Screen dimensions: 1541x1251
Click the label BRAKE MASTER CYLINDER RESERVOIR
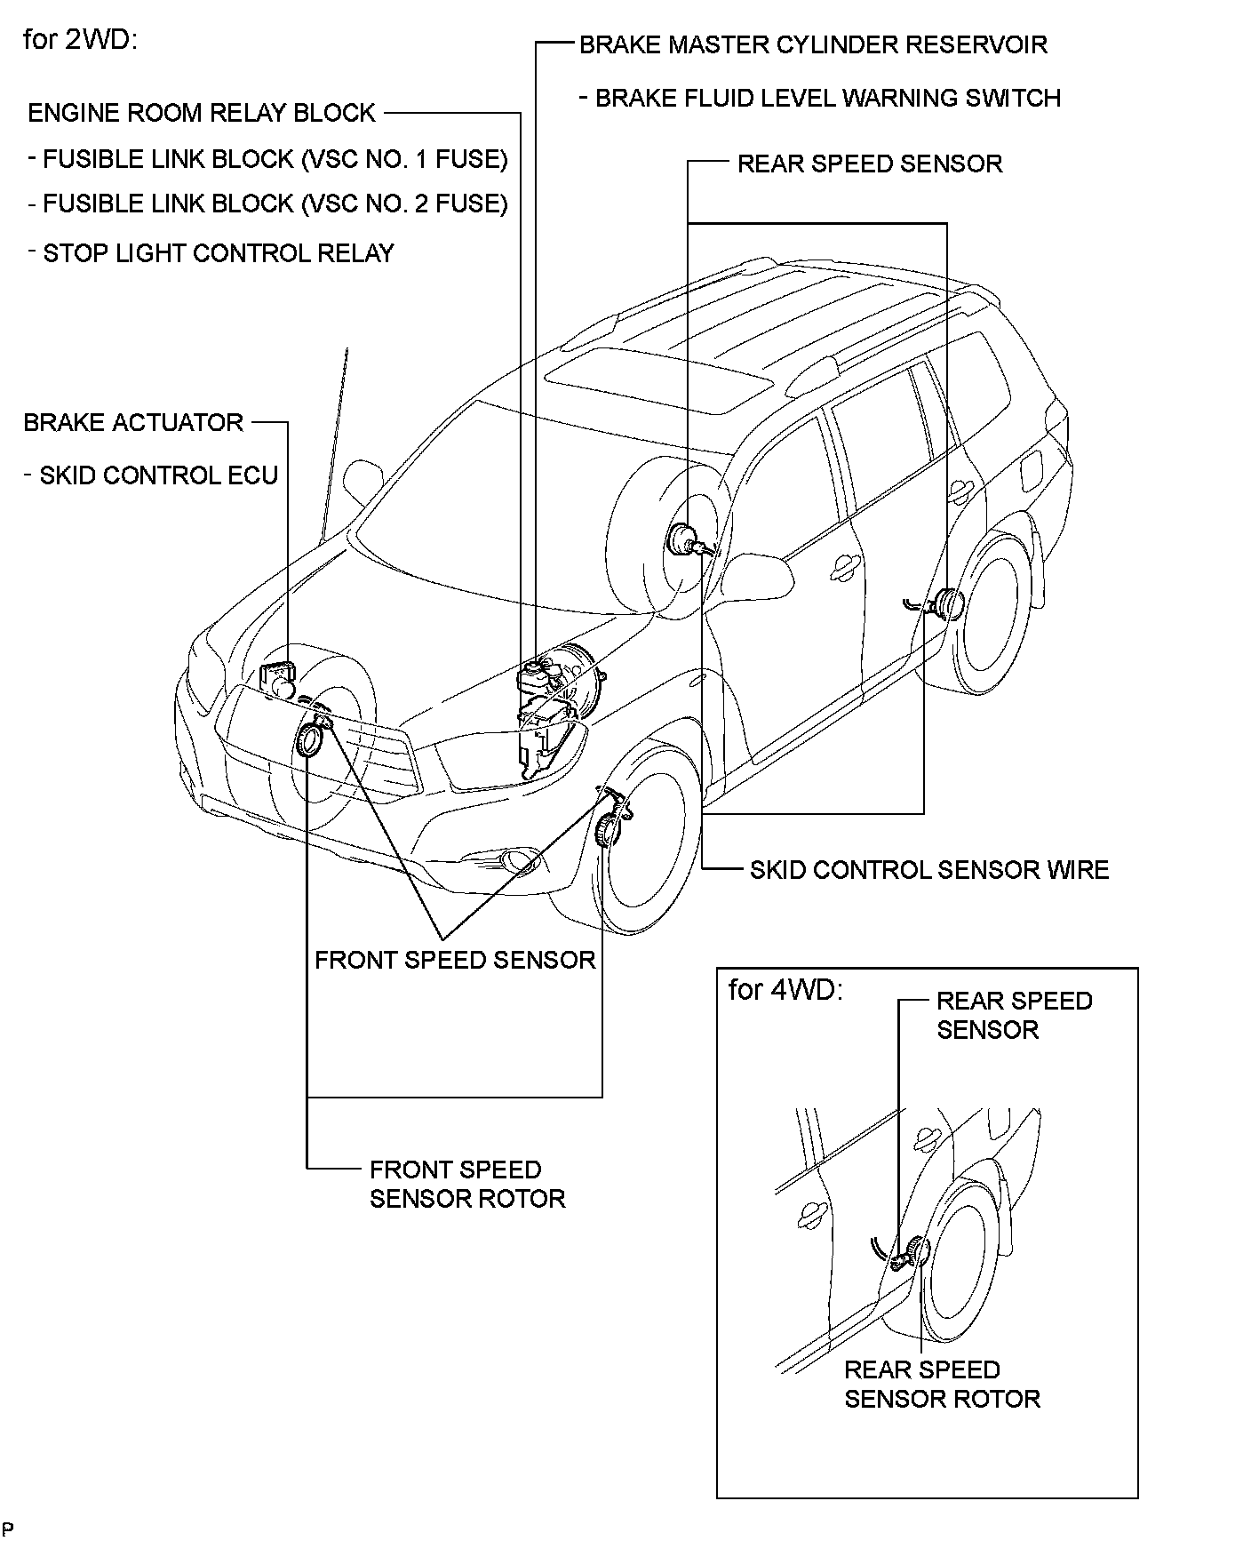(813, 45)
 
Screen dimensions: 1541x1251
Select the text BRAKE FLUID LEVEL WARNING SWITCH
(827, 99)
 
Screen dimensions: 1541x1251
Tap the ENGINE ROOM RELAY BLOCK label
(202, 114)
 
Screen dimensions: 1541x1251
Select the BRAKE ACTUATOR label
(133, 423)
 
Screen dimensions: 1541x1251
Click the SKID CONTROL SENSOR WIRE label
(929, 870)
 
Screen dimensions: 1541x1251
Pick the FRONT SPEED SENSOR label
(455, 961)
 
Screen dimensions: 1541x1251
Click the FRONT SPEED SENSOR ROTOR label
(467, 1185)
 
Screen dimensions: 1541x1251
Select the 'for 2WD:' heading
(80, 41)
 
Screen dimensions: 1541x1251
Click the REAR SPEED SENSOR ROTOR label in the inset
(942, 1385)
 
